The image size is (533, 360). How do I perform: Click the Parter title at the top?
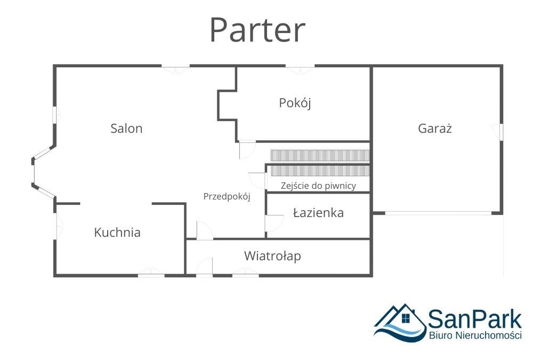[257, 30]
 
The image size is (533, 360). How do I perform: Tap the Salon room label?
[126, 128]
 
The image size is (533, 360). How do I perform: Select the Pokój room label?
[295, 103]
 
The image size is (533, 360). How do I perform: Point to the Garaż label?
[435, 128]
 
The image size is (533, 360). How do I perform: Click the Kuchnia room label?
[117, 233]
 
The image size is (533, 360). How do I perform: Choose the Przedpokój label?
[227, 196]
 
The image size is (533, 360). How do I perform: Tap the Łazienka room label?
[318, 213]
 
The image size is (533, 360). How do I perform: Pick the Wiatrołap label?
[272, 256]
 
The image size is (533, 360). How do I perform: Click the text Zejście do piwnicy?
[318, 186]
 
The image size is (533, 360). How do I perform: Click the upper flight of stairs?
[319, 155]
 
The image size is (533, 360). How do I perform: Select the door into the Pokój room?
[247, 150]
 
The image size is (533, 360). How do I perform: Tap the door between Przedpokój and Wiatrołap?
[204, 231]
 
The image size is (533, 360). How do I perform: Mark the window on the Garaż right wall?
[501, 132]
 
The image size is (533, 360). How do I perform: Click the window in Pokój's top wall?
[300, 67]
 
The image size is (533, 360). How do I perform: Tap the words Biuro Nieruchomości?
[475, 335]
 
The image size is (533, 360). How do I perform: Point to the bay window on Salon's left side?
[34, 172]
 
